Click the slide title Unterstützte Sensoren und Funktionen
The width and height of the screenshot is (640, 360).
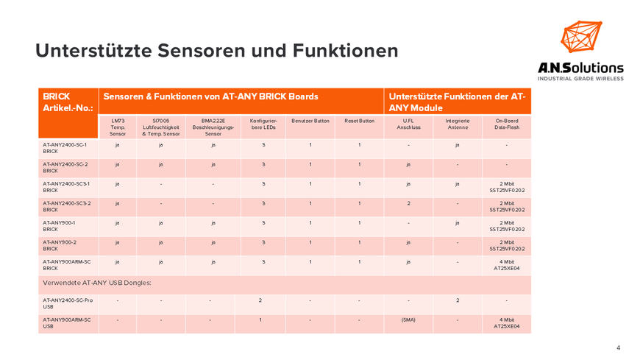pyautogui.click(x=217, y=51)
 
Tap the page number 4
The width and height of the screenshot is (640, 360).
pyautogui.click(x=619, y=347)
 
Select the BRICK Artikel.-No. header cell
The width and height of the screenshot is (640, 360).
pyautogui.click(x=68, y=102)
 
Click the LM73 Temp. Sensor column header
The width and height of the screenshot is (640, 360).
pyautogui.click(x=118, y=127)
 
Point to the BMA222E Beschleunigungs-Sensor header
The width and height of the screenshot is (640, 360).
pyautogui.click(x=213, y=127)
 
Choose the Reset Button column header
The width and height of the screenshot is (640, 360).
pyautogui.click(x=359, y=121)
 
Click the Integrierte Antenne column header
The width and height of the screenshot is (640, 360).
pyautogui.click(x=457, y=124)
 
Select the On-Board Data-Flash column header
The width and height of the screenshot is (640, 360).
pyautogui.click(x=506, y=124)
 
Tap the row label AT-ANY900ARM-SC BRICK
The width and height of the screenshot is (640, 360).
pyautogui.click(x=67, y=265)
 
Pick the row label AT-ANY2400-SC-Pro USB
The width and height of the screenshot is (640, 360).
pyautogui.click(x=68, y=304)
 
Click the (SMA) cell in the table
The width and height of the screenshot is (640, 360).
pyautogui.click(x=408, y=320)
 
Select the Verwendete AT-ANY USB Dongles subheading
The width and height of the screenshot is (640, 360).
pyautogui.click(x=97, y=283)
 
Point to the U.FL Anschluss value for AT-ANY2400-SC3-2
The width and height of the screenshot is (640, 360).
pyautogui.click(x=408, y=203)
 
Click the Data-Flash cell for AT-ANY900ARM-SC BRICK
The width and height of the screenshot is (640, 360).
pyautogui.click(x=506, y=265)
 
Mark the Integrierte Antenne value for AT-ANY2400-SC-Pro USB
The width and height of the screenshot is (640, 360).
pyautogui.click(x=457, y=300)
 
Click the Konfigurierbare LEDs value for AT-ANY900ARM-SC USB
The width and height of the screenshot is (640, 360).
pyautogui.click(x=260, y=320)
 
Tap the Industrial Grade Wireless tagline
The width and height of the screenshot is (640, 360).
pyautogui.click(x=580, y=79)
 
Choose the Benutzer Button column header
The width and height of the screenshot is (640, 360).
pyautogui.click(x=310, y=121)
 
